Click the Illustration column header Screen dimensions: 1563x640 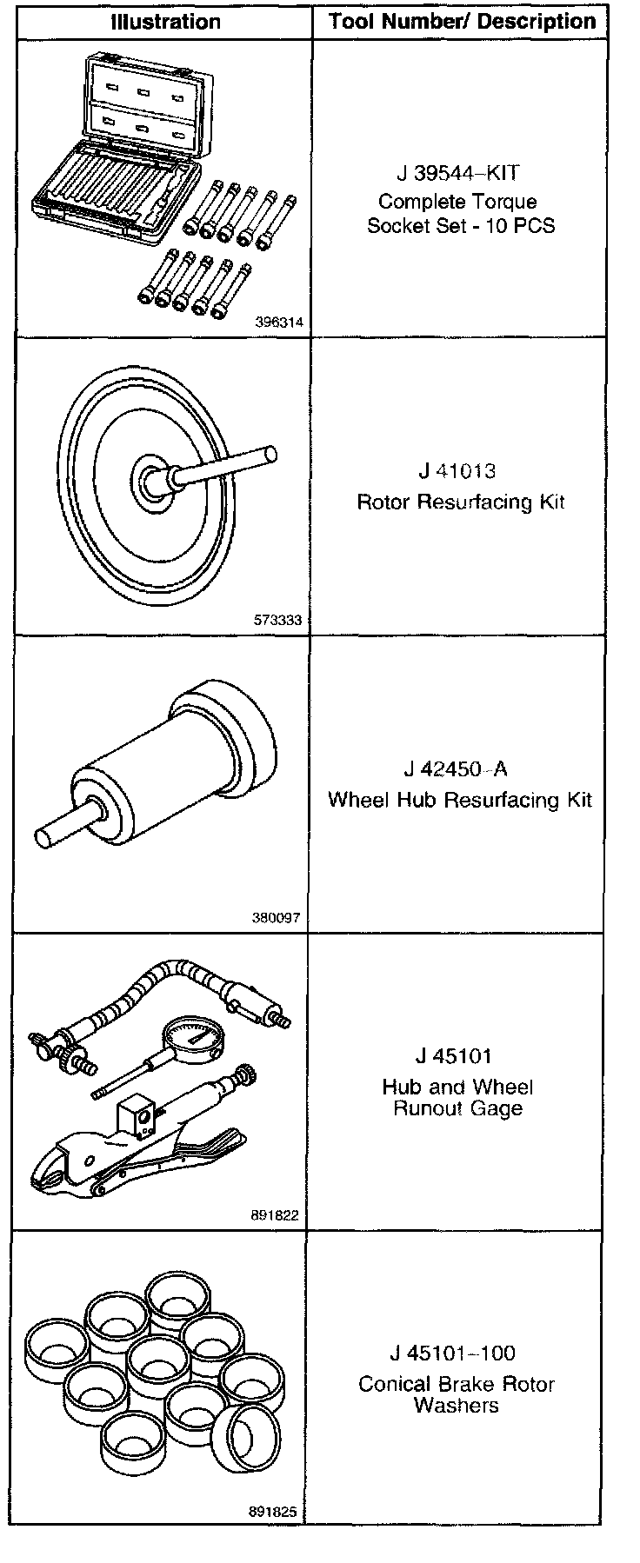coord(165,22)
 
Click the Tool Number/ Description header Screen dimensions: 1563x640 coord(462,22)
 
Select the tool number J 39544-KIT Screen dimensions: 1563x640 coord(455,173)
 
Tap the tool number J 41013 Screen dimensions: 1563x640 coord(457,471)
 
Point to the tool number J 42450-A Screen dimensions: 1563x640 coord(456,769)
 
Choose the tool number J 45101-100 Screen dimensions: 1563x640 coord(452,1353)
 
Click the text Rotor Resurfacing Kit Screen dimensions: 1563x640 coord(461,502)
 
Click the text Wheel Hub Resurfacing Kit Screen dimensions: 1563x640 coord(459,800)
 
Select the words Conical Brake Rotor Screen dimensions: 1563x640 coord(457,1384)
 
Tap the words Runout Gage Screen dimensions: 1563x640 coord(457,1108)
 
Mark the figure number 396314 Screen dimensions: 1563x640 coord(279,322)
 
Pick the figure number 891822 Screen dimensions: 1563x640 coord(275,1215)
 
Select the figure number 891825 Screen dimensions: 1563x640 coord(273,1513)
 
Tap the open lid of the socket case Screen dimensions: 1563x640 coord(143,96)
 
